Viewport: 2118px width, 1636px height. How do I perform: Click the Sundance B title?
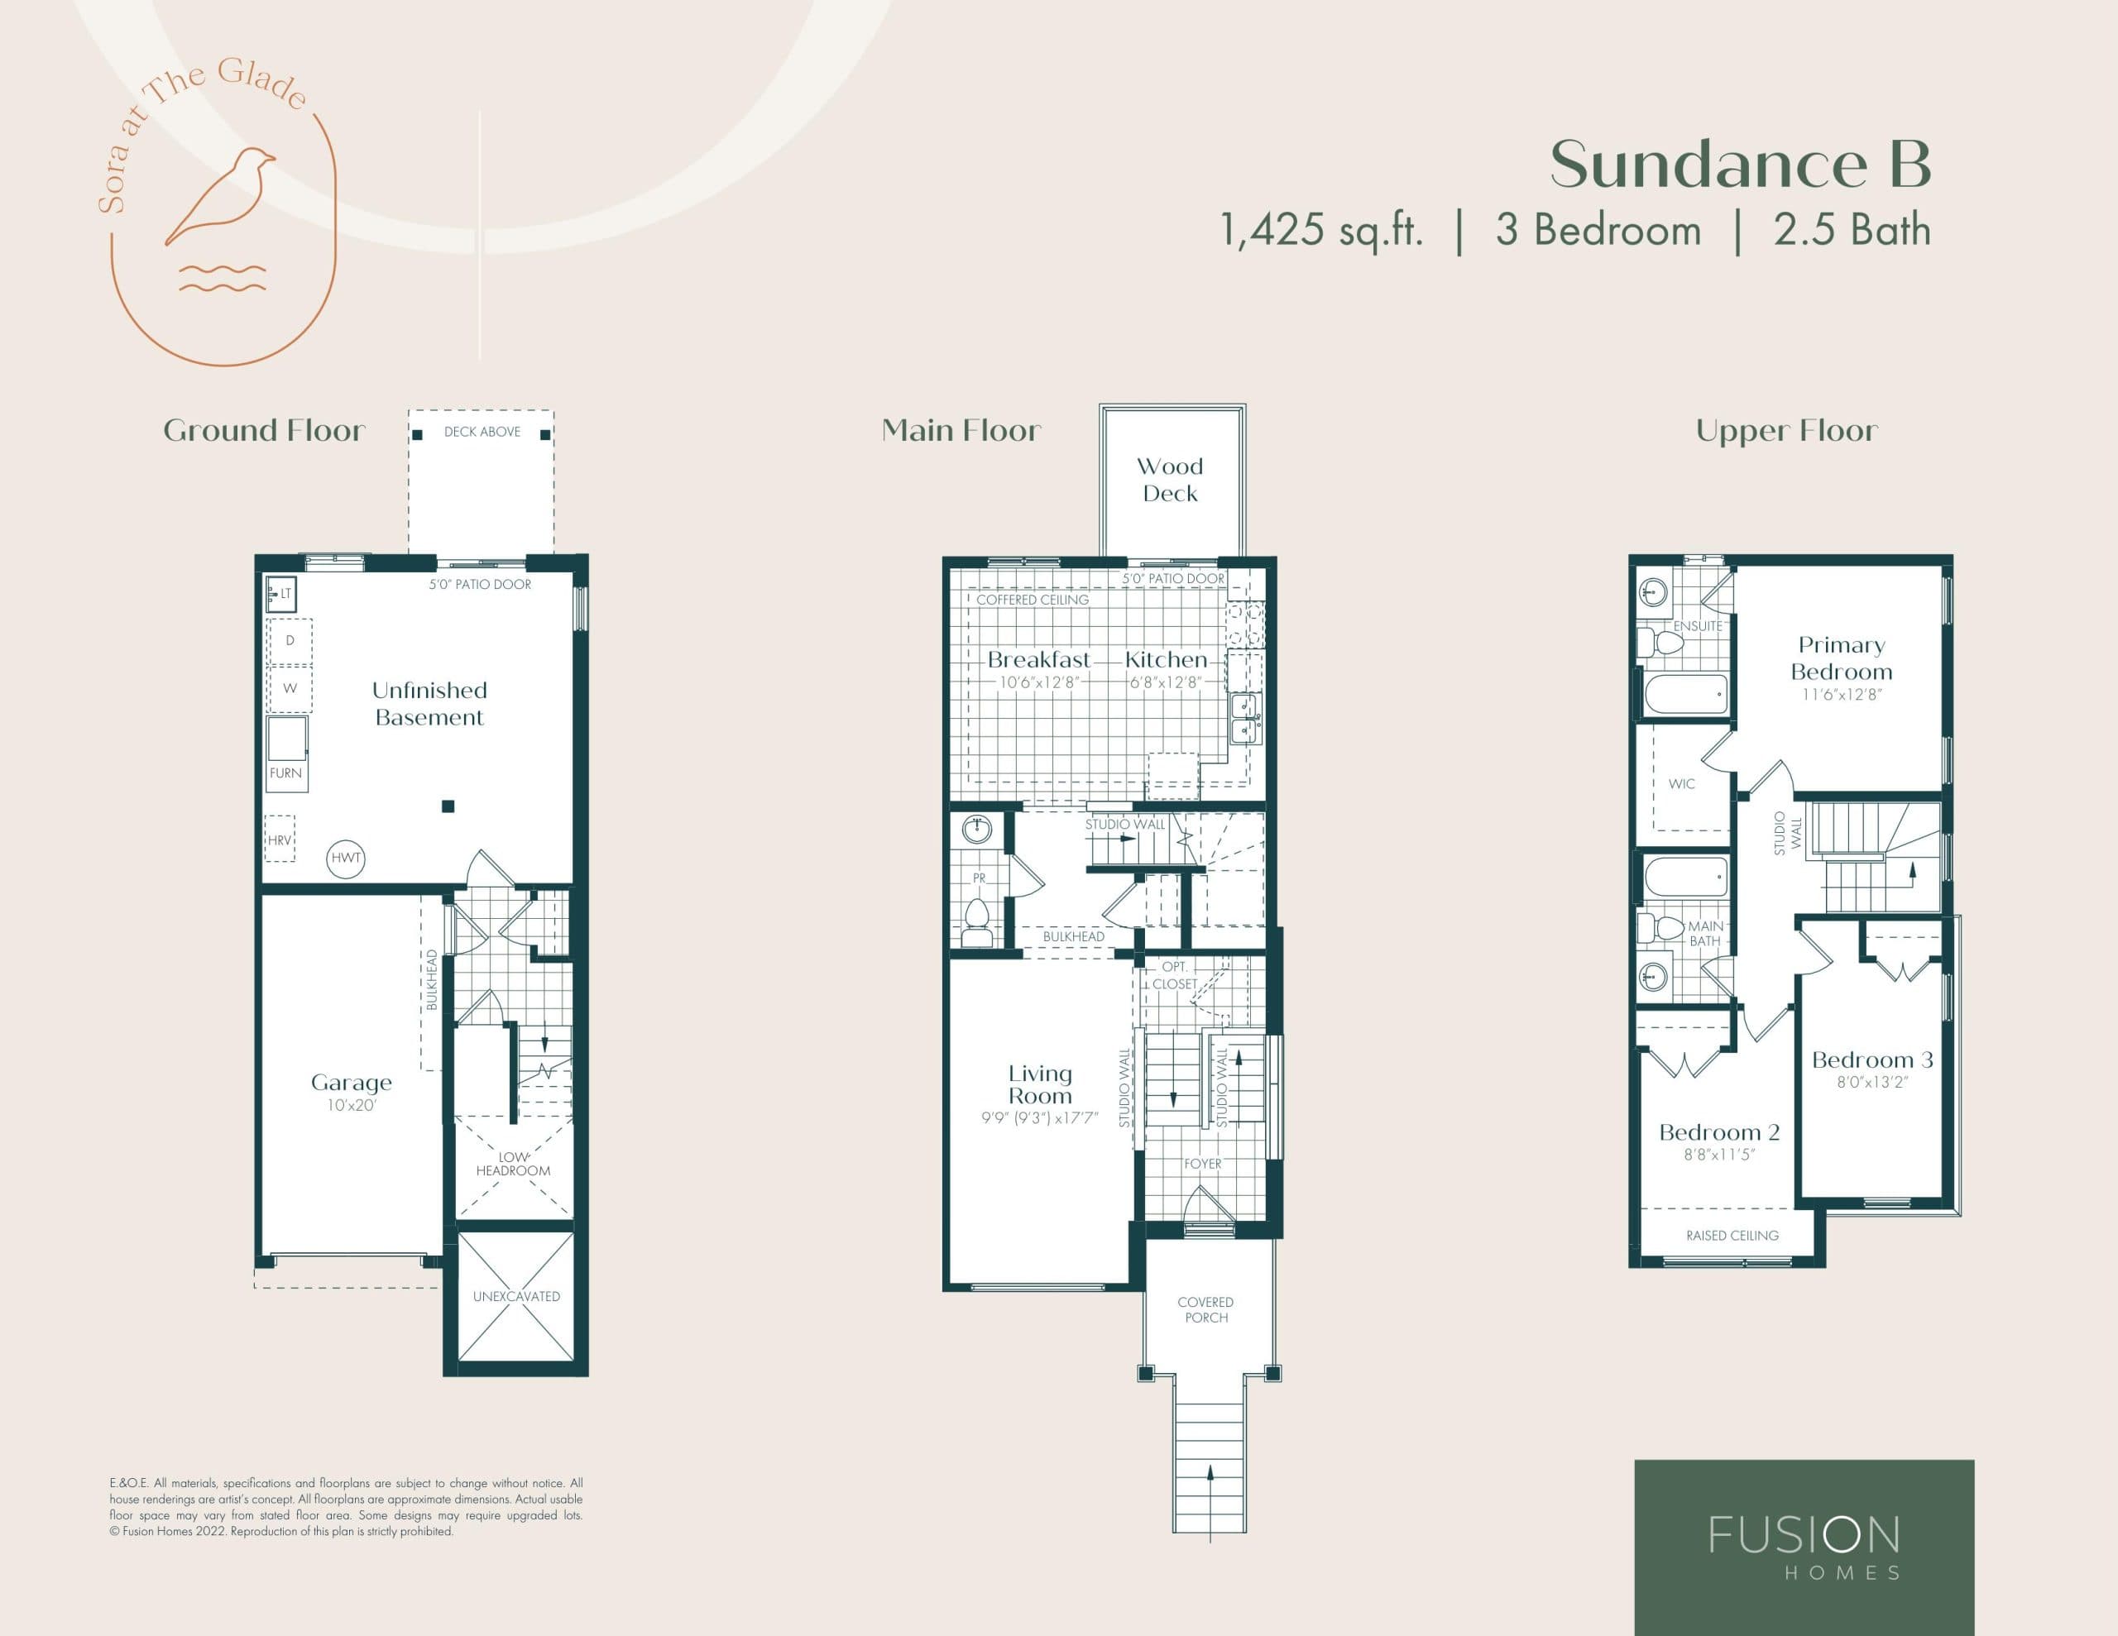click(1740, 164)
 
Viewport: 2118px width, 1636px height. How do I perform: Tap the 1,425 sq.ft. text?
click(1320, 231)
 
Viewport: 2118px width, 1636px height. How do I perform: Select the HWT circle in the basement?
click(345, 857)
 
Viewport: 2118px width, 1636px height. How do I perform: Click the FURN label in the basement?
click(285, 773)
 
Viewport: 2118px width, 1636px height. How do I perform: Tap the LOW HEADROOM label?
click(513, 1164)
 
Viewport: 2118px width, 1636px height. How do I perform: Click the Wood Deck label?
click(1170, 480)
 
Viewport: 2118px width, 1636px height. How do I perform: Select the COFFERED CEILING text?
click(1032, 600)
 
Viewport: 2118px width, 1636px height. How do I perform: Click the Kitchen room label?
click(1166, 659)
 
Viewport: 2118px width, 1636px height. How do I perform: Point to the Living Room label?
click(1040, 1084)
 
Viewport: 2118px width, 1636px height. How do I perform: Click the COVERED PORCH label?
click(1205, 1309)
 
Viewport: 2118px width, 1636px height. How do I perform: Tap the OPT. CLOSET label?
click(1174, 974)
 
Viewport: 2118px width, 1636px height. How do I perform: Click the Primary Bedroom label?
click(1841, 658)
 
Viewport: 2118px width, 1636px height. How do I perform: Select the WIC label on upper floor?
click(1682, 783)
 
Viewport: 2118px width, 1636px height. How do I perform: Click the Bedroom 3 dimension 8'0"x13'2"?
click(1871, 1083)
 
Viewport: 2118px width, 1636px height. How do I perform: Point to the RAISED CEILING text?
click(1732, 1236)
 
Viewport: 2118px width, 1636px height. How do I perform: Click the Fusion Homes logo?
click(1804, 1547)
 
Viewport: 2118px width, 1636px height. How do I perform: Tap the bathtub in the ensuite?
click(1685, 695)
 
